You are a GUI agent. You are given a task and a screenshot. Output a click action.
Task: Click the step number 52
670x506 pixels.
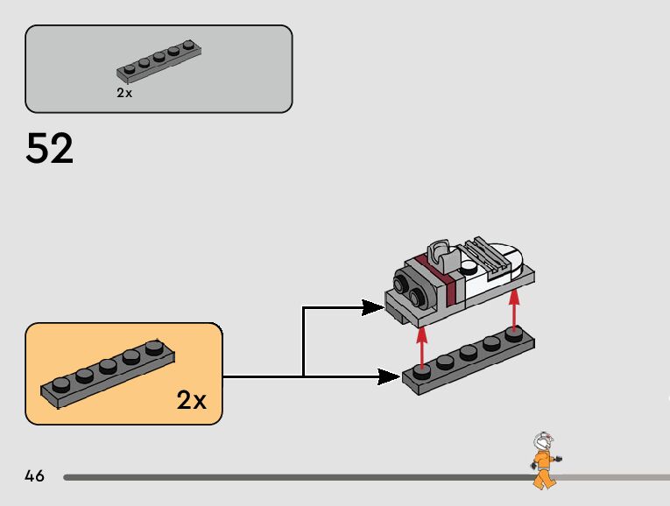[x=50, y=148]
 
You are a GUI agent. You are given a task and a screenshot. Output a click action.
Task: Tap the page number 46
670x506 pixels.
[x=35, y=475]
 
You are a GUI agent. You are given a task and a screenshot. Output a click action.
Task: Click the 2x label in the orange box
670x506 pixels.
[x=191, y=400]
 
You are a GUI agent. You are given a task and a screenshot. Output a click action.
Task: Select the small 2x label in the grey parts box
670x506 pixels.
[x=124, y=93]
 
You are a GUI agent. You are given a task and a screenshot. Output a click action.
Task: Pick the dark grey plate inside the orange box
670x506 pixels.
[x=108, y=373]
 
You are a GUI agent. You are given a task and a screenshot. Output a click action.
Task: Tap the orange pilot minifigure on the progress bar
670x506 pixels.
[x=546, y=460]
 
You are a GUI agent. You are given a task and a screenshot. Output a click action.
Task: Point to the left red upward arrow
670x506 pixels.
[x=422, y=348]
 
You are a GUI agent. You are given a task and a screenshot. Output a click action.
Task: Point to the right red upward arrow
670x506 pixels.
[x=514, y=309]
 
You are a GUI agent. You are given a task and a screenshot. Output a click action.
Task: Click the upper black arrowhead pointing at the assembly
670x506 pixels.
[x=372, y=307]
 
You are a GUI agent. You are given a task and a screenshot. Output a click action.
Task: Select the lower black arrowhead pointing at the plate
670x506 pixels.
[x=389, y=377]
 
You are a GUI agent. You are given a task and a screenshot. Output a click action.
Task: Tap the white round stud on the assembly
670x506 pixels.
[x=469, y=268]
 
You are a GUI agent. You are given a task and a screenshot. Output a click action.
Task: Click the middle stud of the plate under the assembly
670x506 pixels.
[x=469, y=353]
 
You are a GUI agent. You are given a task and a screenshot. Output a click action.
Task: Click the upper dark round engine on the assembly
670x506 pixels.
[x=402, y=283]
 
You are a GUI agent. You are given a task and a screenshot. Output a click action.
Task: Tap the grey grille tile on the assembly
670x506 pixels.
[x=487, y=255]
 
